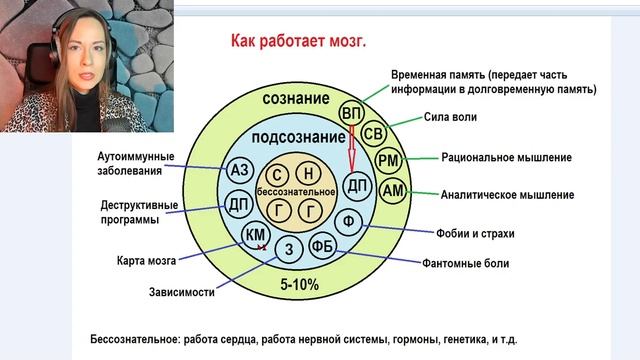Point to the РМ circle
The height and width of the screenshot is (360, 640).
(389, 161)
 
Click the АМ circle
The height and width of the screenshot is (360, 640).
(393, 190)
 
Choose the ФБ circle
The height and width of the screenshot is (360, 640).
(322, 246)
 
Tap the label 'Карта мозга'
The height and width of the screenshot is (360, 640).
(146, 261)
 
